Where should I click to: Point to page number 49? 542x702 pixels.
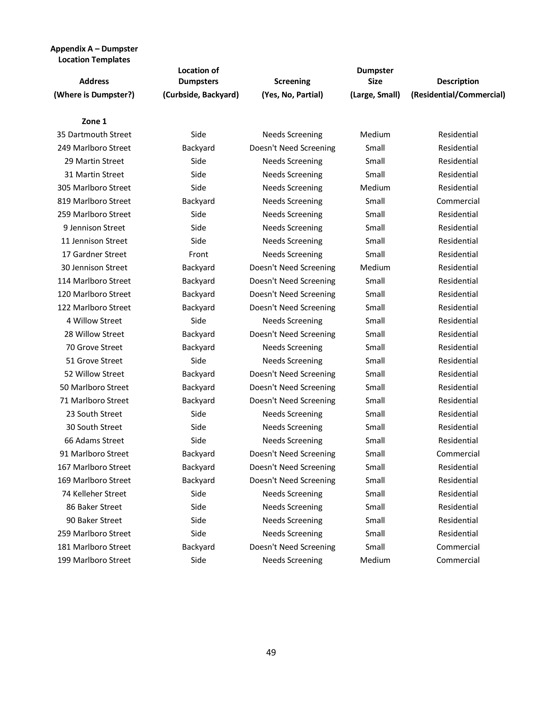[271, 652]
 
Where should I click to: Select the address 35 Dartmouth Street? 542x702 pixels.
[94, 134]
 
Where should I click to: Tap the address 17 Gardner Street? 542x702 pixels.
[94, 254]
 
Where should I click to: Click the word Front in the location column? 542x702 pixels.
[198, 254]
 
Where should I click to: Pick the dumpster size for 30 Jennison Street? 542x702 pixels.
[375, 268]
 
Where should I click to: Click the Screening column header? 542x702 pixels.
[292, 81]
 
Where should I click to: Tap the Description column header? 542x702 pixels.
[458, 81]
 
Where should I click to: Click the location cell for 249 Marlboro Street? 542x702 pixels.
[198, 148]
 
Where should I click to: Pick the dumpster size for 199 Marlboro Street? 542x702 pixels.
[375, 560]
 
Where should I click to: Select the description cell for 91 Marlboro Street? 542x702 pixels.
[458, 454]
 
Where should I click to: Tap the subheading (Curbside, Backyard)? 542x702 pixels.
[201, 95]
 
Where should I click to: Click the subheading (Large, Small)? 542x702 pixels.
[375, 95]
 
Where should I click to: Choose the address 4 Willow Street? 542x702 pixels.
[94, 321]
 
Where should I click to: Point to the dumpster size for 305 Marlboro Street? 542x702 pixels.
[375, 188]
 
